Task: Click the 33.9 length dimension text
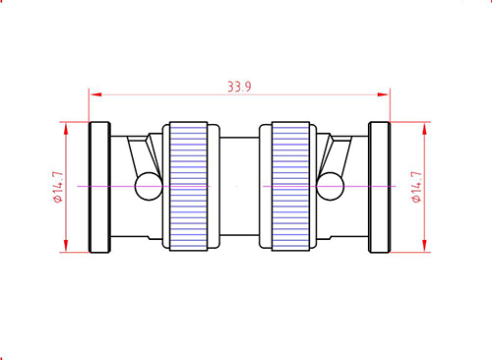click(239, 87)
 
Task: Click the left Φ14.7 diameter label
click(58, 187)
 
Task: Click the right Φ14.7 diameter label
click(416, 187)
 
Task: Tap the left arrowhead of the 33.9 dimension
click(95, 94)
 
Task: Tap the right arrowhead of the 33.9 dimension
click(383, 94)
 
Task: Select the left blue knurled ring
click(189, 186)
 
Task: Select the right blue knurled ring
click(290, 186)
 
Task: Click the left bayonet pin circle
click(149, 186)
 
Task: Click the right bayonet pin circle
click(331, 186)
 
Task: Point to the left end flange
click(99, 187)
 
